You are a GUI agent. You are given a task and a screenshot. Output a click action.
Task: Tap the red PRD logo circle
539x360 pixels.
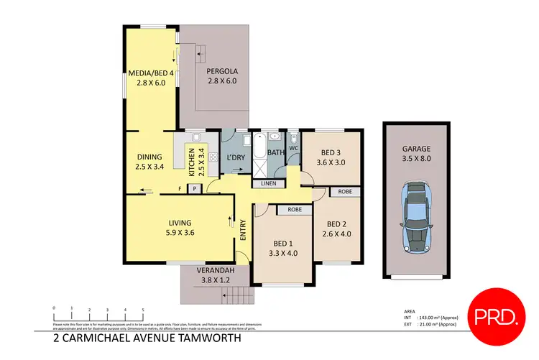click(x=495, y=313)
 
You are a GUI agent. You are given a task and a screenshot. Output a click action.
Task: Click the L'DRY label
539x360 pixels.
click(x=236, y=157)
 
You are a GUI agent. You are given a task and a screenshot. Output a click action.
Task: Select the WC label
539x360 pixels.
click(x=293, y=149)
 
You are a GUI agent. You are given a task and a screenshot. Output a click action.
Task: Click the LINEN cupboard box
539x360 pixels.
click(x=267, y=184)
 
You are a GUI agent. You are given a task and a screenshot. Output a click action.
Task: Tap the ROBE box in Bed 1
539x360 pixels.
click(x=293, y=211)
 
